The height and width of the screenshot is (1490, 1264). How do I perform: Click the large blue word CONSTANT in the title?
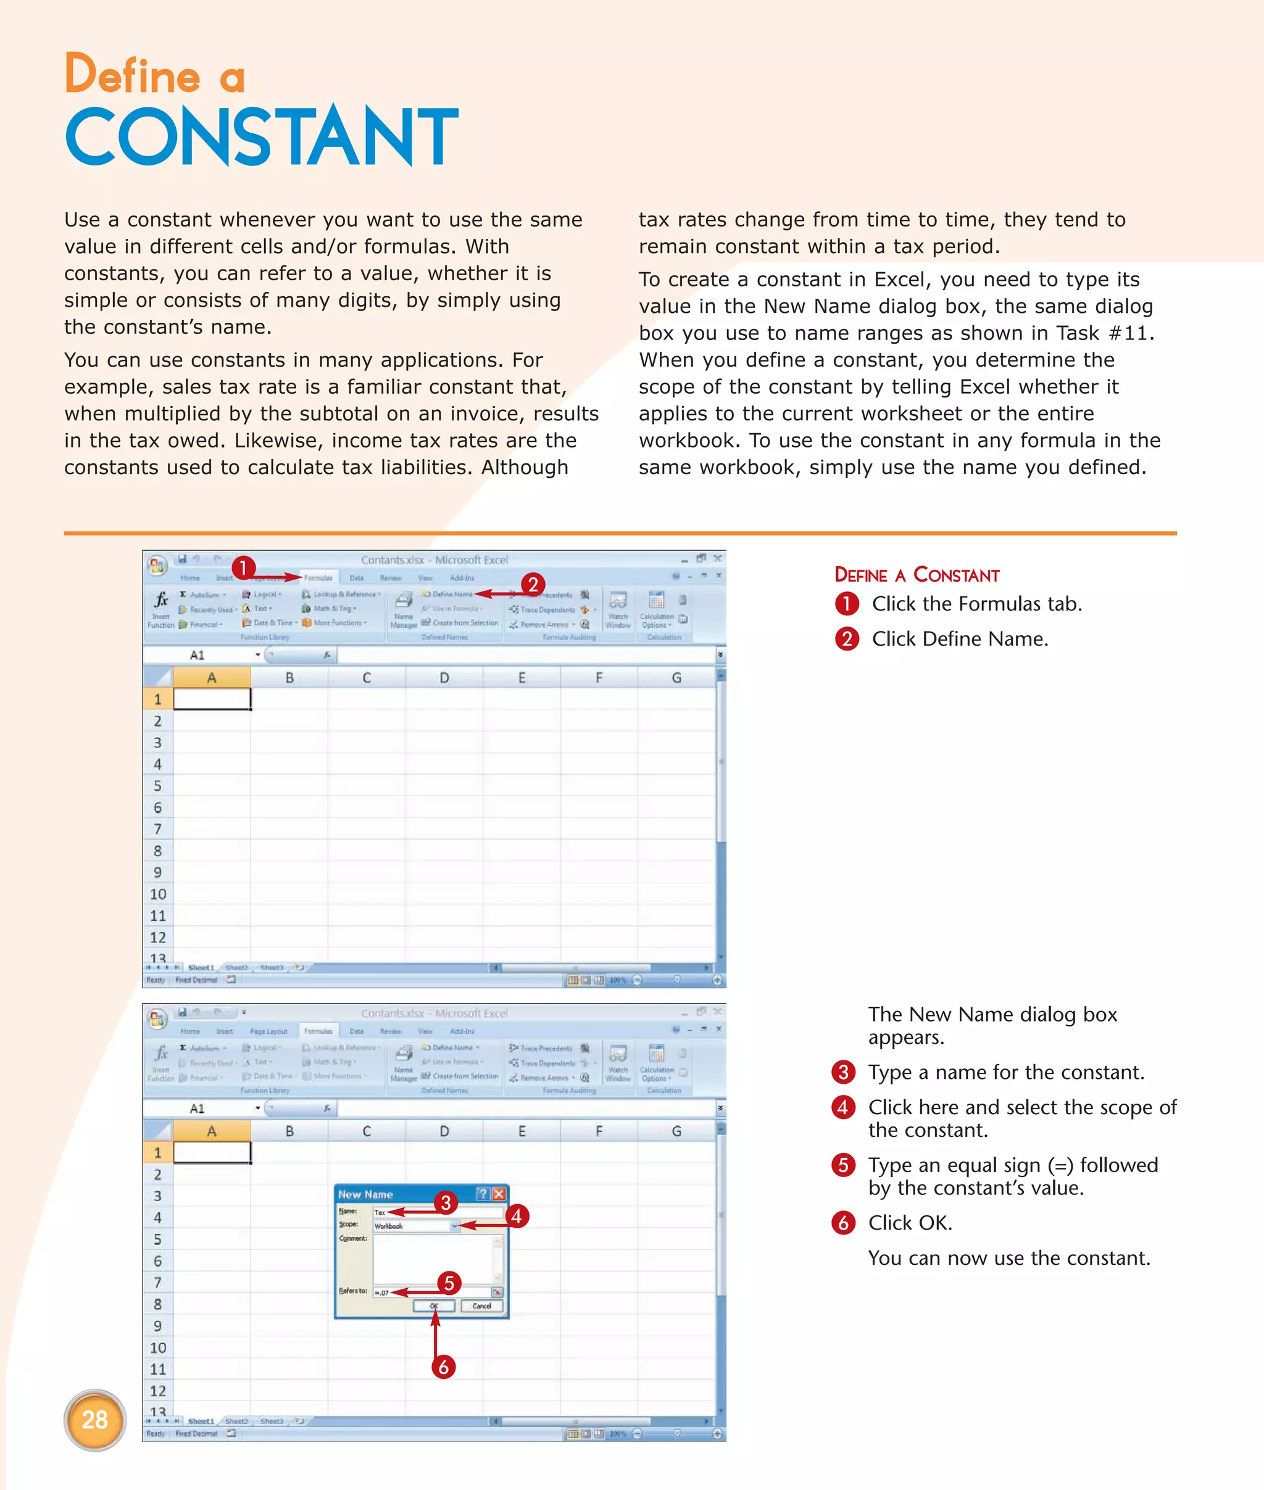click(x=262, y=136)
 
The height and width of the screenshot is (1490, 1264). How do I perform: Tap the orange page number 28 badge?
click(x=94, y=1420)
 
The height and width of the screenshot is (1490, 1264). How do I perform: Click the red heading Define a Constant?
click(x=917, y=575)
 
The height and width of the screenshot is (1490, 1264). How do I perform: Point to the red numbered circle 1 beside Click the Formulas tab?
click(x=846, y=604)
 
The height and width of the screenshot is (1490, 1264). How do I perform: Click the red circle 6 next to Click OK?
click(x=843, y=1223)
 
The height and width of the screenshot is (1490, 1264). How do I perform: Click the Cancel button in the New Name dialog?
click(x=481, y=1306)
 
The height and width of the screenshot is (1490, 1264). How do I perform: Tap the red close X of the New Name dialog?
click(x=499, y=1194)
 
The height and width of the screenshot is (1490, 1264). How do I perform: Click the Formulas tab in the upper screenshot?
click(x=318, y=578)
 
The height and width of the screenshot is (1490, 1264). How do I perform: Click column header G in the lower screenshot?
click(x=676, y=1131)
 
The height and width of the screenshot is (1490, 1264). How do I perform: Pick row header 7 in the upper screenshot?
click(x=157, y=829)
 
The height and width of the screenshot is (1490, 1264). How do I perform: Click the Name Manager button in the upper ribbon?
click(x=404, y=609)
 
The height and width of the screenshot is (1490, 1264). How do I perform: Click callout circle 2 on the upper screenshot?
click(x=533, y=584)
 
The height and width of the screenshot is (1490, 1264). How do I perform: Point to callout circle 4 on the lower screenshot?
click(x=516, y=1216)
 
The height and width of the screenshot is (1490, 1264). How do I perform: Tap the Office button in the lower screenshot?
click(x=157, y=1018)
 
